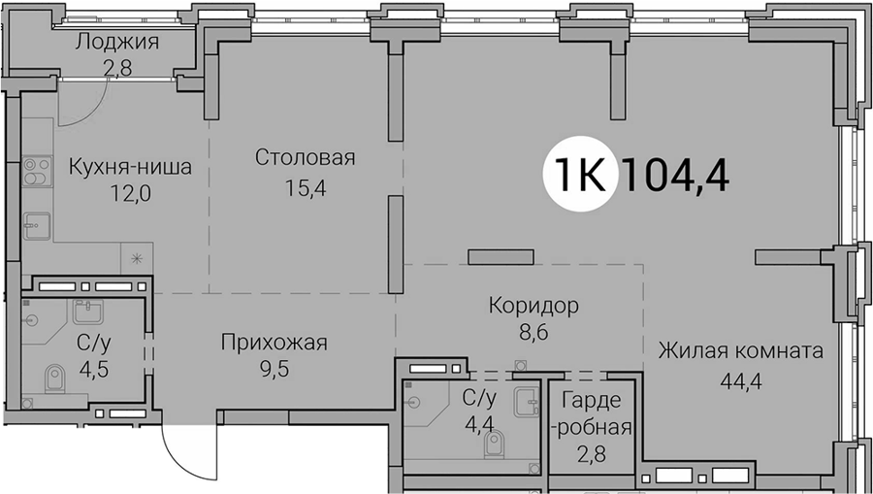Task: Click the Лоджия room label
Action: [x=117, y=43]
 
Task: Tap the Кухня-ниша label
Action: [x=130, y=166]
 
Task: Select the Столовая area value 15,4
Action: [x=306, y=188]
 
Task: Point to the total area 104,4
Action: [x=677, y=174]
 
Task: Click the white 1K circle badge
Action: [x=581, y=174]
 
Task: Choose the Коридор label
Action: [x=533, y=306]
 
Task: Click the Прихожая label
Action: [x=274, y=343]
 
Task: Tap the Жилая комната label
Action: [x=740, y=351]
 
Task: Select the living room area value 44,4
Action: [x=740, y=381]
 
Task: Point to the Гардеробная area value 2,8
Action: [x=592, y=454]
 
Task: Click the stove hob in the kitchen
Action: [x=37, y=172]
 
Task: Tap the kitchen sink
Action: [x=36, y=226]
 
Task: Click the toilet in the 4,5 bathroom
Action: [x=54, y=379]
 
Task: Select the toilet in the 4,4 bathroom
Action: [x=494, y=444]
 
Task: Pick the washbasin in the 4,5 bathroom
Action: [x=87, y=312]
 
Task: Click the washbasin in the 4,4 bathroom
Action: [x=527, y=402]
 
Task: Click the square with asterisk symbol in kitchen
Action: [x=137, y=258]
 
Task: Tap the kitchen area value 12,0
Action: [x=131, y=193]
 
